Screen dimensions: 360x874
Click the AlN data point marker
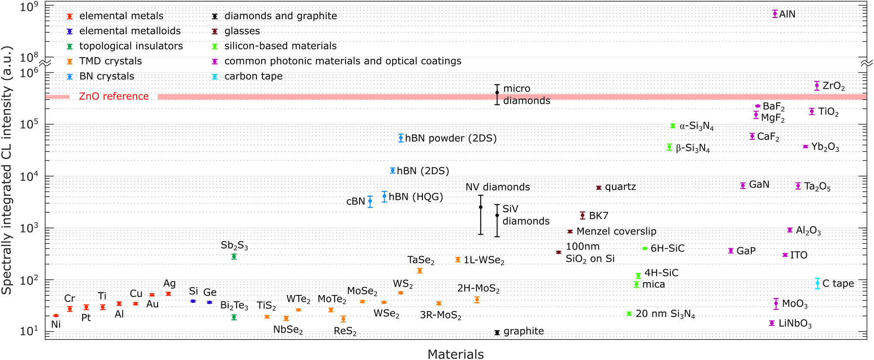[x=775, y=14]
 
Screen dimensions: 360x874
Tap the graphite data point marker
[x=497, y=332]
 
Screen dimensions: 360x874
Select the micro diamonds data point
[x=497, y=93]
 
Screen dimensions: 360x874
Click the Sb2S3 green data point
[x=234, y=256]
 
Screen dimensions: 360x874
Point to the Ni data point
[x=55, y=315]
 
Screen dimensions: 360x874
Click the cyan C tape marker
[x=817, y=283]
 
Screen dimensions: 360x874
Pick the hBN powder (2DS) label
[x=451, y=138]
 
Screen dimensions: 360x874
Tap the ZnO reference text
[x=114, y=96]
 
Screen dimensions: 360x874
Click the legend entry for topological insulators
[x=131, y=46]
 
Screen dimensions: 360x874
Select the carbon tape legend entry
[x=253, y=76]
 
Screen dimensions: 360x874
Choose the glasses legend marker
[x=214, y=31]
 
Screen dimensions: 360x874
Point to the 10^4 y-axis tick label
[x=29, y=177]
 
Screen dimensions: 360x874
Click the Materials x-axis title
[x=456, y=354]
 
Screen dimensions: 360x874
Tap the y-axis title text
[x=7, y=170]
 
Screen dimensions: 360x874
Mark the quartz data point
[x=599, y=187]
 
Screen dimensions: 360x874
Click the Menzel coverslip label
[x=616, y=231]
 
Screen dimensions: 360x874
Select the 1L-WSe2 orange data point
[x=458, y=260]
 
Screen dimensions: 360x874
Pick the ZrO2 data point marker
[x=817, y=86]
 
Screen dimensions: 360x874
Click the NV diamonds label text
[x=497, y=187]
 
